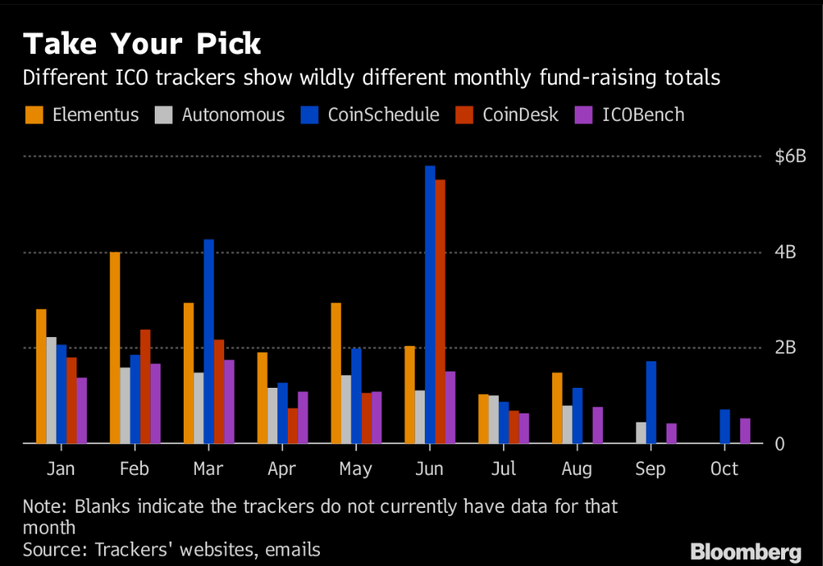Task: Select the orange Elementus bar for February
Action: (x=114, y=348)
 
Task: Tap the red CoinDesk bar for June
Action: (x=440, y=311)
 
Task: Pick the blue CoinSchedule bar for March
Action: (x=209, y=341)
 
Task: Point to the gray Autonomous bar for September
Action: (x=642, y=432)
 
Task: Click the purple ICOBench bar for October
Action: (x=745, y=431)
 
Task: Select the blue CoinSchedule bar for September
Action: (x=651, y=402)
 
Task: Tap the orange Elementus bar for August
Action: (x=557, y=408)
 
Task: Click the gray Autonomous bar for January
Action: (x=51, y=390)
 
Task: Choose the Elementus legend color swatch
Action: (x=35, y=115)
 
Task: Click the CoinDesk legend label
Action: (x=520, y=115)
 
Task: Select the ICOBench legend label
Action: (x=642, y=115)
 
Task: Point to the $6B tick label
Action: (x=790, y=156)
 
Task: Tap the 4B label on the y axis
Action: (x=785, y=252)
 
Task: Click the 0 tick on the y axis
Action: (x=779, y=444)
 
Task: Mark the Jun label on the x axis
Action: (x=429, y=469)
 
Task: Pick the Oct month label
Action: (x=724, y=469)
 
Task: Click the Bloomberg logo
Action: (x=746, y=552)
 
